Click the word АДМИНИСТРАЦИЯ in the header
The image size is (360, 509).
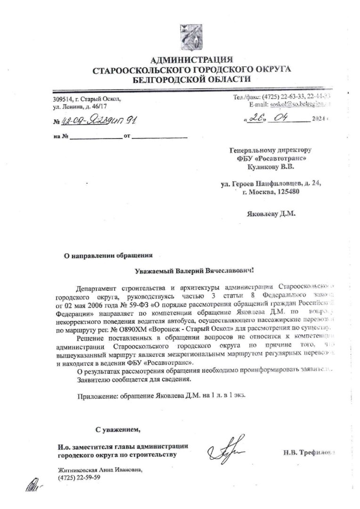[191, 59]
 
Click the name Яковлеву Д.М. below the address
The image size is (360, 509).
[271, 213]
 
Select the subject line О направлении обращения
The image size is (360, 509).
[108, 255]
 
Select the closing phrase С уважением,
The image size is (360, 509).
[118, 429]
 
